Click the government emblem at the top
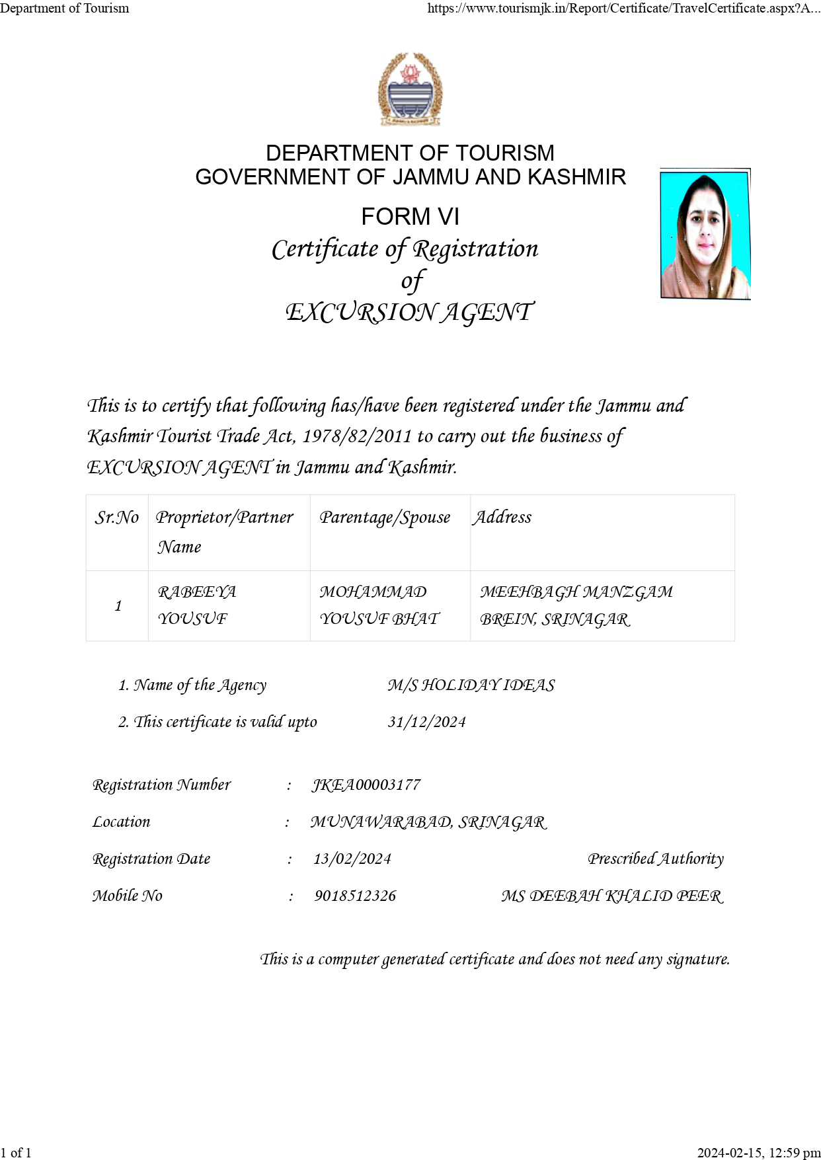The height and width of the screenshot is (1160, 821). click(410, 89)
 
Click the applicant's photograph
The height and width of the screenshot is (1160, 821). click(705, 234)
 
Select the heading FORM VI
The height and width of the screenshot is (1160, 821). click(410, 217)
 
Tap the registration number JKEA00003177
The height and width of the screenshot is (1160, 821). click(366, 785)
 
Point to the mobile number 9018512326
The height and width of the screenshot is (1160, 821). click(355, 896)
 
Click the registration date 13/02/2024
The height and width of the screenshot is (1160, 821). click(352, 859)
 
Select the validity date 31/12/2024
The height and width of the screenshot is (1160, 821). click(426, 722)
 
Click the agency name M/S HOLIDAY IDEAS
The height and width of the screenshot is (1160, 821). click(471, 685)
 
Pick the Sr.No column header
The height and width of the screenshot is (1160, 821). click(117, 517)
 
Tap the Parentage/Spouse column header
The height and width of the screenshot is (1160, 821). click(385, 517)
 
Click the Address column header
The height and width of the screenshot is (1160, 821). click(502, 517)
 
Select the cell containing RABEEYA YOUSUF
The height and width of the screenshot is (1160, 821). click(197, 605)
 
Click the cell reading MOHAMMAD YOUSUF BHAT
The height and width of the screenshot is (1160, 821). click(379, 605)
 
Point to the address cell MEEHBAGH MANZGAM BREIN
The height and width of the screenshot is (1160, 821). click(576, 605)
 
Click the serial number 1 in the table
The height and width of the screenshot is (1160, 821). click(118, 605)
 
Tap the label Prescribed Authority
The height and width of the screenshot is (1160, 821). click(656, 859)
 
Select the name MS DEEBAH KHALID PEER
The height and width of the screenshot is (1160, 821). click(612, 896)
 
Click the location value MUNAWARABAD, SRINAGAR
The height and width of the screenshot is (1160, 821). click(428, 822)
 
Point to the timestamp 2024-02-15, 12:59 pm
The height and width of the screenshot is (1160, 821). click(758, 1153)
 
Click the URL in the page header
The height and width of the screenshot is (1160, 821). click(623, 9)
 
